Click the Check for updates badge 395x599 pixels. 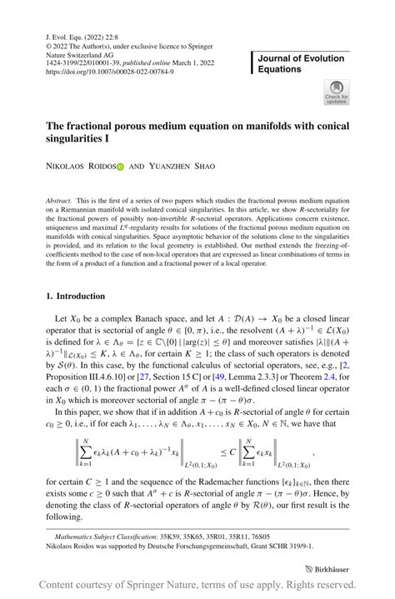pyautogui.click(x=336, y=92)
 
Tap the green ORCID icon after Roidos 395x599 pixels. pyautogui.click(x=119, y=167)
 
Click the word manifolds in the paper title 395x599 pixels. pyautogui.click(x=262, y=125)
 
